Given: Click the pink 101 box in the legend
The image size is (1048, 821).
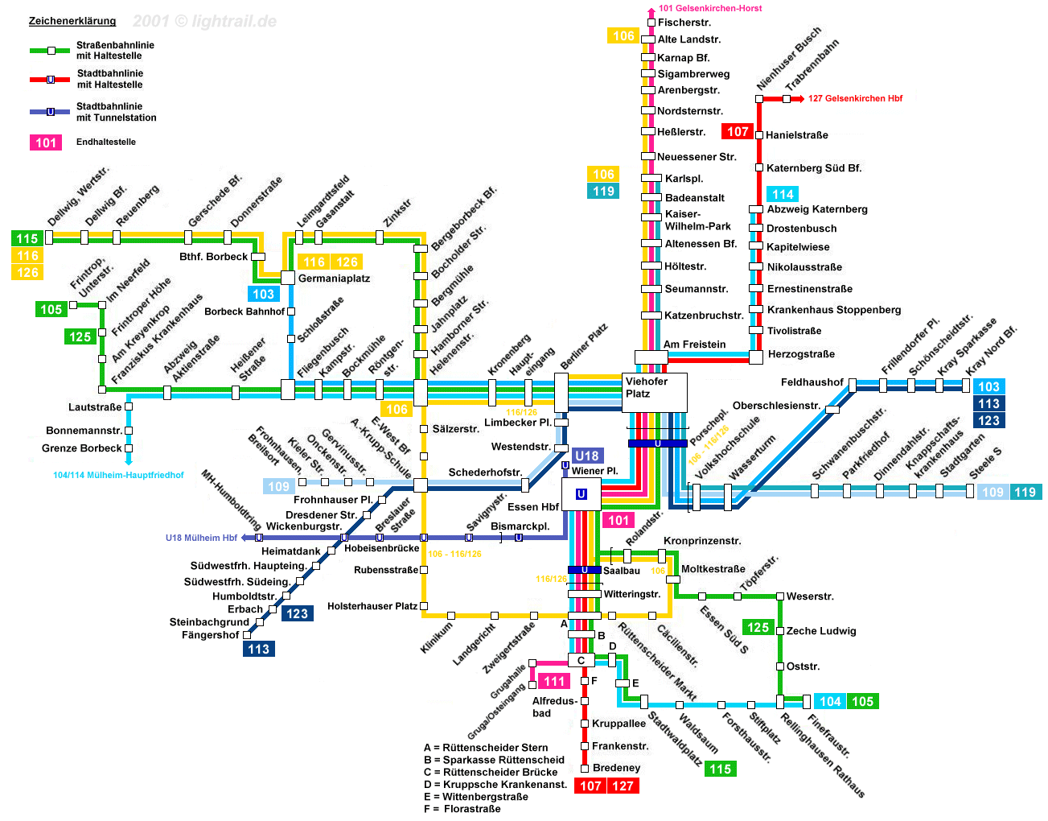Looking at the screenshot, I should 46,142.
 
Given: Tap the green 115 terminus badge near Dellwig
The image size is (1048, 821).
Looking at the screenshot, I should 27,238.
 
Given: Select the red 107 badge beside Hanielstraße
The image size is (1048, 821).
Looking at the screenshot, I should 738,131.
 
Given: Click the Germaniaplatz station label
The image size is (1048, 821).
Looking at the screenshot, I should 334,278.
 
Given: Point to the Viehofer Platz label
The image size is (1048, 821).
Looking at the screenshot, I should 647,387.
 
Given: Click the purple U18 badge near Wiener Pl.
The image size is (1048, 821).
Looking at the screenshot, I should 586,456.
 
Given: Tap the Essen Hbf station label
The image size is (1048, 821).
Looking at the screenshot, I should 532,507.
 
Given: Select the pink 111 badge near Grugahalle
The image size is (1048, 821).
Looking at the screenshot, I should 554,681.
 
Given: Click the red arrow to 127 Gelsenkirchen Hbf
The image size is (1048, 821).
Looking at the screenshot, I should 797,98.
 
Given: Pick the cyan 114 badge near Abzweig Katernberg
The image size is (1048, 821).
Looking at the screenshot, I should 783,194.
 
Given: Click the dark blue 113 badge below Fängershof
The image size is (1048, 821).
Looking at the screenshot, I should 258,649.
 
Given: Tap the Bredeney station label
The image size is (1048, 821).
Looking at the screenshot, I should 616,768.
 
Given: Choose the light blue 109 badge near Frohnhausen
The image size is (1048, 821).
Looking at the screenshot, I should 278,486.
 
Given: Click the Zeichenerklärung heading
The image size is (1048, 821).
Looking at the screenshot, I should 72,21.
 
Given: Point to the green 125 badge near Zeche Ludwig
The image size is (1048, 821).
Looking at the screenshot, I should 758,627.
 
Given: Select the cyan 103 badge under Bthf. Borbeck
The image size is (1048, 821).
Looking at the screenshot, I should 264,294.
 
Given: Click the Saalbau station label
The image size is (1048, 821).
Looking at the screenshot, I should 622,571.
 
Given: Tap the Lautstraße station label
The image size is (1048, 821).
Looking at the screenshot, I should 95,407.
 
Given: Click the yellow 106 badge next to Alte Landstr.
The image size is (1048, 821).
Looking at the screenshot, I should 623,35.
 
